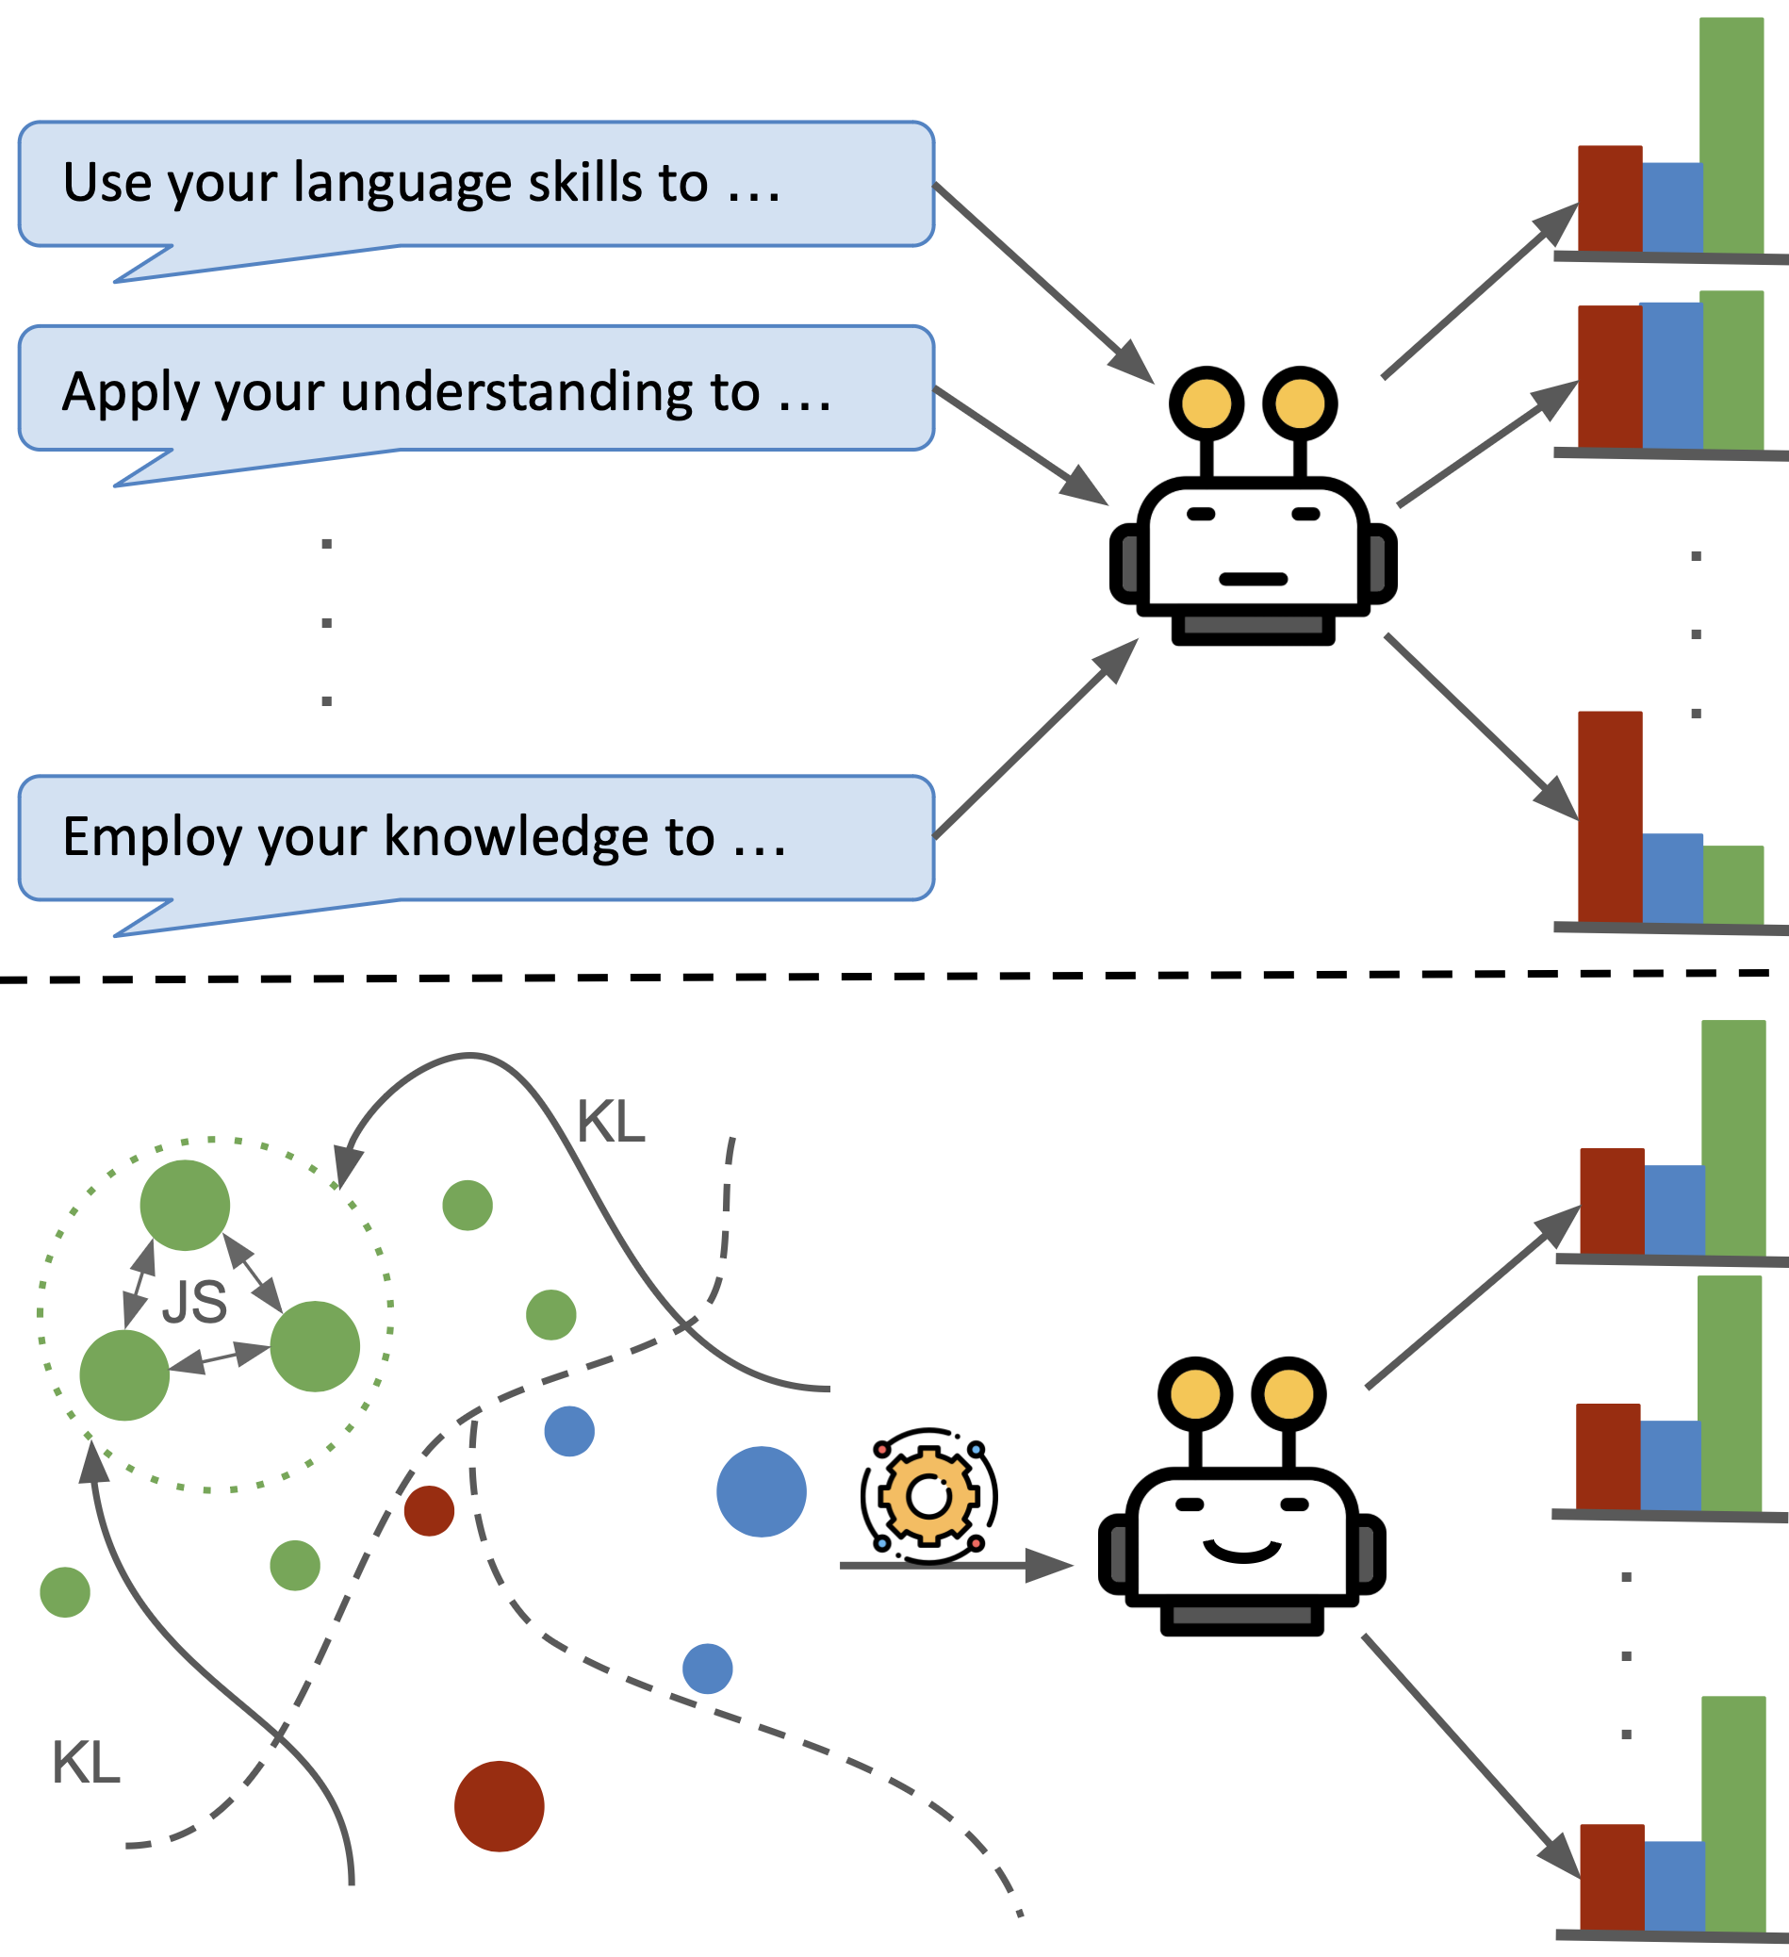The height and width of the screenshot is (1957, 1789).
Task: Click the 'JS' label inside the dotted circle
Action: click(x=194, y=1303)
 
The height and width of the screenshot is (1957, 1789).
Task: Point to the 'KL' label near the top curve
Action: click(x=611, y=1123)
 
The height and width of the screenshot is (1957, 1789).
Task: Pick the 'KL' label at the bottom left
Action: click(x=86, y=1763)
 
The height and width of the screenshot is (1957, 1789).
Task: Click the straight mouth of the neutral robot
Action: click(x=1254, y=580)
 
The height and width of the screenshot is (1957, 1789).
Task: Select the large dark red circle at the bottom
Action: click(x=499, y=1806)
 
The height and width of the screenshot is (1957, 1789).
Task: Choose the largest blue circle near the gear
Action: click(x=761, y=1492)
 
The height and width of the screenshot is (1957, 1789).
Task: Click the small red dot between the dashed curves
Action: click(x=429, y=1510)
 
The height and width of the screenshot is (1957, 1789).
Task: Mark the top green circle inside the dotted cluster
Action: click(x=185, y=1205)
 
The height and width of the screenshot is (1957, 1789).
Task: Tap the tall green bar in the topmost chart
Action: click(x=1732, y=136)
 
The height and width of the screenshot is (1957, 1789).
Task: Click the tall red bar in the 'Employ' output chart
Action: click(x=1609, y=817)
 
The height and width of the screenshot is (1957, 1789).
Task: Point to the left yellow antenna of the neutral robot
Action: click(x=1206, y=403)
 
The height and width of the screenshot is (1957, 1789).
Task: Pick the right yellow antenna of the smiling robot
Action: click(x=1288, y=1394)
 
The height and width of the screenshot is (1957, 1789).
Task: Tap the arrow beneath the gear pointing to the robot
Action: click(x=956, y=1565)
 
